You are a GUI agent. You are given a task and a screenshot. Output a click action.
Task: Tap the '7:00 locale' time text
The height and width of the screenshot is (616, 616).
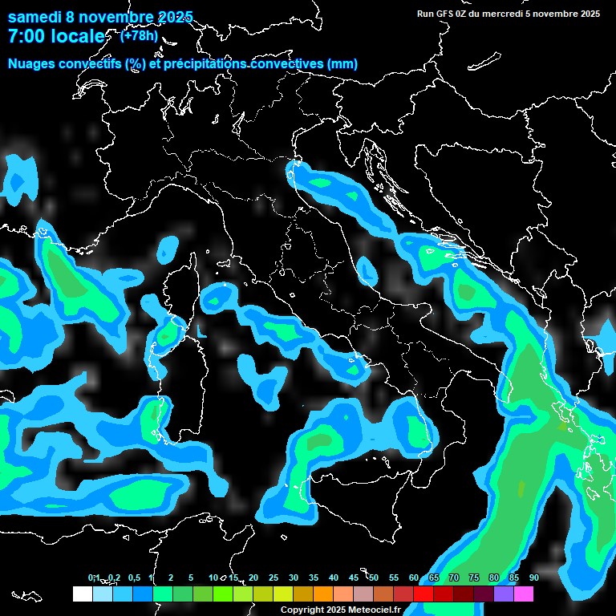click(x=56, y=36)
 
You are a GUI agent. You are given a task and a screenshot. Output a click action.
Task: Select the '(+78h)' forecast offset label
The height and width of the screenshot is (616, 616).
click(x=139, y=35)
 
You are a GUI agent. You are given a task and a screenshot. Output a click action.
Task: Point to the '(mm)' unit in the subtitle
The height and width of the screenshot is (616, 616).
click(x=342, y=63)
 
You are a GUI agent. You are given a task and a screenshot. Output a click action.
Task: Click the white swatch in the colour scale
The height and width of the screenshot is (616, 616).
click(x=83, y=594)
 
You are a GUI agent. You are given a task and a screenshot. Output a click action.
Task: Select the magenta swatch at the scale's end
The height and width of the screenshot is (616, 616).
click(x=524, y=594)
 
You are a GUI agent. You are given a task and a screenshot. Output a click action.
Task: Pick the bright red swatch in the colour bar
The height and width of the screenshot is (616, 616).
click(x=423, y=594)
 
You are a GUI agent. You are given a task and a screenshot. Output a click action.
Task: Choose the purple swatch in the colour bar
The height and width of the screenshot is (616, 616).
click(x=504, y=594)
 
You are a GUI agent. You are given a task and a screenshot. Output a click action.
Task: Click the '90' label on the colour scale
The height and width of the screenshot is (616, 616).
click(x=533, y=577)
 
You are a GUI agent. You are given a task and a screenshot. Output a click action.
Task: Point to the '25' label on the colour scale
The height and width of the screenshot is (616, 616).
click(x=274, y=577)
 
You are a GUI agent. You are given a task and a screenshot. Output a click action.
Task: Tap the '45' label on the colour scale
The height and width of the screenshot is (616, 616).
click(x=354, y=577)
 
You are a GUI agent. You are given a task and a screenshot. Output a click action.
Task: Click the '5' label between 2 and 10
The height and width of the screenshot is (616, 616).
click(x=190, y=577)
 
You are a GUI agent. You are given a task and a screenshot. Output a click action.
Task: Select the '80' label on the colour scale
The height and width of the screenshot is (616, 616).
click(x=493, y=577)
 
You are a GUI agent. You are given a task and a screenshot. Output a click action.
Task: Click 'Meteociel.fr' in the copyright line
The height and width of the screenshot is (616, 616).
click(x=374, y=610)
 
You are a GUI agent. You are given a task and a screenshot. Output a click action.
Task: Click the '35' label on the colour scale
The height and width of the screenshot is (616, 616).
click(x=314, y=577)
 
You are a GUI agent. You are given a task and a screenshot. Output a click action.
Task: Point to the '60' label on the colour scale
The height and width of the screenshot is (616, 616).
click(x=414, y=577)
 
